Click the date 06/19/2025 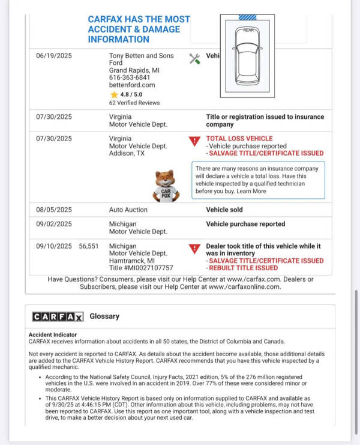click(x=54, y=56)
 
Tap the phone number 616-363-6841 click(x=130, y=77)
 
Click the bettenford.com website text click(x=132, y=85)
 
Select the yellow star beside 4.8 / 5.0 click(x=114, y=94)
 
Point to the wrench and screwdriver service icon click(x=194, y=58)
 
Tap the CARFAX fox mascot click(x=166, y=185)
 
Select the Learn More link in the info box click(x=251, y=191)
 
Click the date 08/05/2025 click(x=54, y=210)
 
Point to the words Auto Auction click(x=128, y=210)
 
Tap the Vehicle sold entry click(x=224, y=210)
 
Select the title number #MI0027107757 click(x=140, y=268)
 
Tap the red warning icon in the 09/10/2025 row click(x=194, y=249)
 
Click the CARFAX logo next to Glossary click(x=58, y=316)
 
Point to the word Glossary click(x=104, y=316)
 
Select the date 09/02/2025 click(x=54, y=224)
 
